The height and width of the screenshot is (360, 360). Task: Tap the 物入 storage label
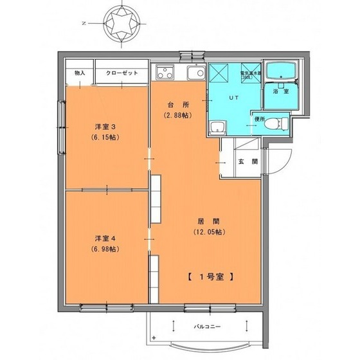tap(80, 73)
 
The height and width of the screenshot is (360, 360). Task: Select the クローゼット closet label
tap(122, 73)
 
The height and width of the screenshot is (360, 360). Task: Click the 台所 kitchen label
tap(176, 104)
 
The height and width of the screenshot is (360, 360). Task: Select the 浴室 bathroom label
tap(280, 93)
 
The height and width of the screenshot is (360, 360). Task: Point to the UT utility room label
tap(233, 98)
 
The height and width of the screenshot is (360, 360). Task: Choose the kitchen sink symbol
tap(192, 72)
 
